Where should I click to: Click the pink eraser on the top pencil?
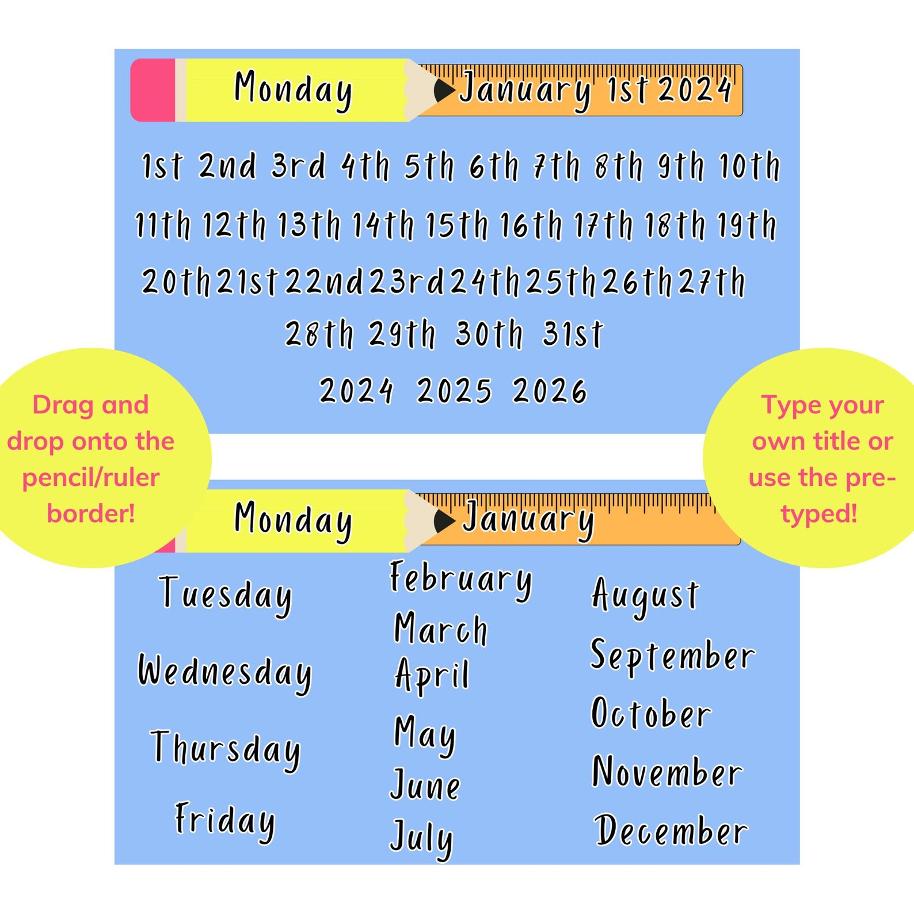[x=153, y=90]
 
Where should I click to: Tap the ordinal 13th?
[x=309, y=224]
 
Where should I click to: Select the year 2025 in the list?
[x=454, y=391]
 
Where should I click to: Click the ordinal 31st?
[x=573, y=334]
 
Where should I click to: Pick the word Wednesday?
[x=224, y=672]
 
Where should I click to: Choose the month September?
[x=672, y=656]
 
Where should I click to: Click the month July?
[x=421, y=837]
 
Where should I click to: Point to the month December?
[x=671, y=831]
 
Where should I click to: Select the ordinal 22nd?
[x=325, y=282]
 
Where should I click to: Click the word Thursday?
[x=225, y=748]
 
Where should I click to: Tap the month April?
[x=432, y=675]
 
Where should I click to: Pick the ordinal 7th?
[x=556, y=166]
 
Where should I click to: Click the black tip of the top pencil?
[x=443, y=90]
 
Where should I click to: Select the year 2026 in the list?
[x=550, y=391]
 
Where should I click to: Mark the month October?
[x=651, y=714]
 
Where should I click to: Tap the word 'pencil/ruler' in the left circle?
[x=91, y=478]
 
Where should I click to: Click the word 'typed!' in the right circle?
[x=819, y=513]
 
